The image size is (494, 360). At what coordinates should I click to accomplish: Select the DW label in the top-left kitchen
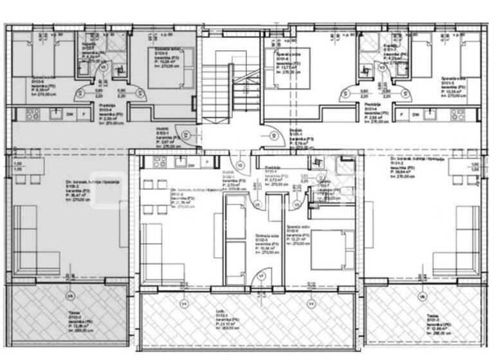pos(69,114)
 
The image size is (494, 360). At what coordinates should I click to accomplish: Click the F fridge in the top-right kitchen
pos(402,114)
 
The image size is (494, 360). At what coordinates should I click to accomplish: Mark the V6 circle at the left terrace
pos(70,296)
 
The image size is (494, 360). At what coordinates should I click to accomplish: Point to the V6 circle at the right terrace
pos(422,296)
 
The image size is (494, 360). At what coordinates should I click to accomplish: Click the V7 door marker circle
pos(261,275)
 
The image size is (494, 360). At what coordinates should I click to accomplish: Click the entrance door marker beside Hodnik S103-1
pos(186,135)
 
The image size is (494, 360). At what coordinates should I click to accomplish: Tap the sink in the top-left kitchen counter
pos(55,114)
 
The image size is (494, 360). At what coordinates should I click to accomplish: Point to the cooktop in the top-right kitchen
pos(458,114)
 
